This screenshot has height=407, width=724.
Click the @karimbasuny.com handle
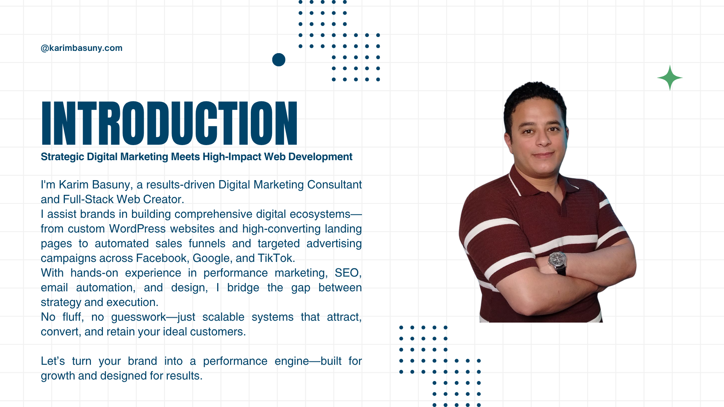pyautogui.click(x=81, y=48)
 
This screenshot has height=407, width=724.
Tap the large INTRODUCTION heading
pyautogui.click(x=169, y=123)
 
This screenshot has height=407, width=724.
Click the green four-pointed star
pyautogui.click(x=670, y=78)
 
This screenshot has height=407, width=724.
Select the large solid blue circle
pyautogui.click(x=279, y=60)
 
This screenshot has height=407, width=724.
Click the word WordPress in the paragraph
pyautogui.click(x=137, y=229)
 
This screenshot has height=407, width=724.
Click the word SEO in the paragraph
pyautogui.click(x=348, y=273)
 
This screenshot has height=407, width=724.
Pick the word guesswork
pyautogui.click(x=138, y=317)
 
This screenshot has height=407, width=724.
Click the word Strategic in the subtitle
pyautogui.click(x=63, y=157)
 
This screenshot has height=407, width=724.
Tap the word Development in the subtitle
pyautogui.click(x=320, y=157)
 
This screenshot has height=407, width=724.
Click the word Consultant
pyautogui.click(x=334, y=185)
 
